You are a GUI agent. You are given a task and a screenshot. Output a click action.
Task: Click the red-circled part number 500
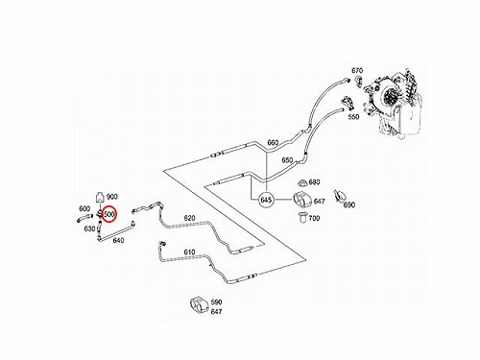pos(109,214)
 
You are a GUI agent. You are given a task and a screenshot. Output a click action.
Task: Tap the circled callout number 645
pos(266,200)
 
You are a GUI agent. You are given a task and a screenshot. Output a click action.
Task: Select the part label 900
pos(111,197)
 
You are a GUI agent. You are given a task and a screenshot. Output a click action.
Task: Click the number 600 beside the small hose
pos(84,208)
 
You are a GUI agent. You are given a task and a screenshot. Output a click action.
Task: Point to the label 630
pos(89,228)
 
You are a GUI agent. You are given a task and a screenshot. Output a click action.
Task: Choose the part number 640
pos(118,240)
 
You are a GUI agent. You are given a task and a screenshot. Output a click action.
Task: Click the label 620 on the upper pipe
pos(189,218)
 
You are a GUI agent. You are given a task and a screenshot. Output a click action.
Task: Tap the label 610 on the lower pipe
pos(189,252)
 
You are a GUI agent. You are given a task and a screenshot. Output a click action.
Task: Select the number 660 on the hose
pos(273,142)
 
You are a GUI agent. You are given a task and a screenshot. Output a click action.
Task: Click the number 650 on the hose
pos(287,160)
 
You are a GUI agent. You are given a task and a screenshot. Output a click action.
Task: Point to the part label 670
pos(357,71)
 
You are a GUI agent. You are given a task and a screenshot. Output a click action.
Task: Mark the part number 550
pos(353,117)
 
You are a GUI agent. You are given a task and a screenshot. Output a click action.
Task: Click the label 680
pos(314,182)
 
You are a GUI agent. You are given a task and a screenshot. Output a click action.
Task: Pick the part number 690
pos(349,204)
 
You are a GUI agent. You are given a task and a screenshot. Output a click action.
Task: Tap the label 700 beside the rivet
pos(314,218)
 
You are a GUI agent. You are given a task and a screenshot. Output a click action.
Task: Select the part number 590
pos(216,302)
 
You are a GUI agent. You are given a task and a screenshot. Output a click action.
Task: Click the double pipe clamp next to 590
pos(200,304)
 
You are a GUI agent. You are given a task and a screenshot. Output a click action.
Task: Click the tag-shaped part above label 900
pos(100,198)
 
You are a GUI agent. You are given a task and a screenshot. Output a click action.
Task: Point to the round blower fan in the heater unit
pos(390,95)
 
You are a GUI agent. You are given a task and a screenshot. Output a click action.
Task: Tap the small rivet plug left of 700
pos(302,217)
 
